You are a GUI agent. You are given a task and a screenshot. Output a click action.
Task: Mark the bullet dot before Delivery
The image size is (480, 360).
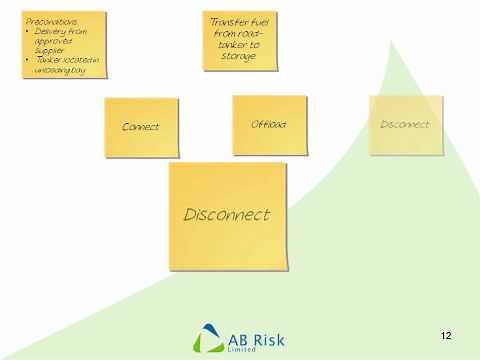click(26, 30)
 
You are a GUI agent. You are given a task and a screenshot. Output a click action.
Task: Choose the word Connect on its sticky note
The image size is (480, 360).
click(140, 127)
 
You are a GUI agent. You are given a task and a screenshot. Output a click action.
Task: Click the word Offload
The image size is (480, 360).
click(268, 124)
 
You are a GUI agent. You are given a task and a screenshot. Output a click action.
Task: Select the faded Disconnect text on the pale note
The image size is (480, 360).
click(404, 124)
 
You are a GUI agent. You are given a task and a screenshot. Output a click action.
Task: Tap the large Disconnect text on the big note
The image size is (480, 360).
click(227, 214)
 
